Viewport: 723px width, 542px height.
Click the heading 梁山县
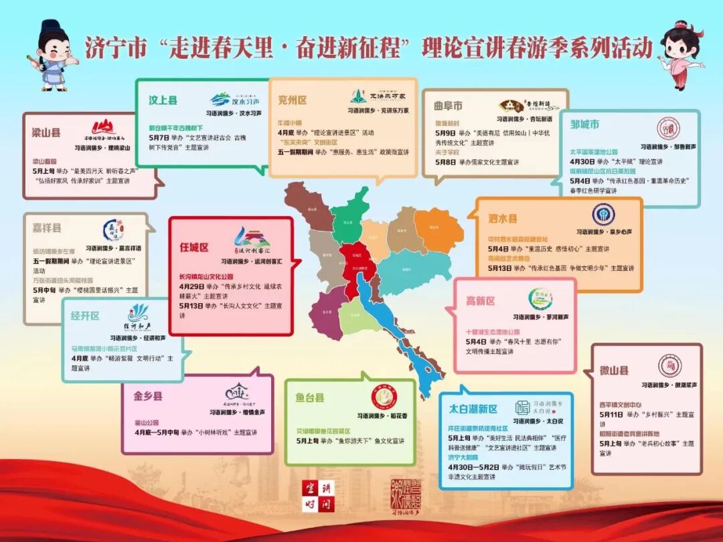coord(46,132)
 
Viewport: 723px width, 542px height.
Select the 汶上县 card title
coord(163,100)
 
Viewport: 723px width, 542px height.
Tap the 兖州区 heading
coord(293,100)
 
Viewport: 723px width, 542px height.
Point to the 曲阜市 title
coord(448,106)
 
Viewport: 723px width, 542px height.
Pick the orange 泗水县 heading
coord(503,218)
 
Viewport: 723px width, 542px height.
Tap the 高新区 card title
coord(481,301)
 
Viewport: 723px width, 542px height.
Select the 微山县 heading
coord(614,370)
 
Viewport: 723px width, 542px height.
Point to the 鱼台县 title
coord(310,397)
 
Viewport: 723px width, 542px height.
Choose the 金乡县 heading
coord(148,396)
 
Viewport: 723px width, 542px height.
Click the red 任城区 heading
coord(194,246)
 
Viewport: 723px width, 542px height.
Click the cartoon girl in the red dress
coord(678,54)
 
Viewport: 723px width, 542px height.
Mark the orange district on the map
coord(438,231)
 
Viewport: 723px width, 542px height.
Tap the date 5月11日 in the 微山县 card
coord(612,415)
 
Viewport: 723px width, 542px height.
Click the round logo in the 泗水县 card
coord(603,214)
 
